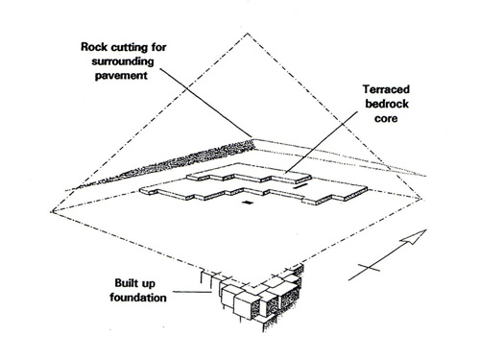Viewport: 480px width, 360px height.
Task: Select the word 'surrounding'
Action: tap(123, 61)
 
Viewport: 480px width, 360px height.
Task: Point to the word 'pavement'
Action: tap(121, 76)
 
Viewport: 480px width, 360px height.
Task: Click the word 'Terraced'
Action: tap(386, 89)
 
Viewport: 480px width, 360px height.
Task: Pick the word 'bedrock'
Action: tap(387, 104)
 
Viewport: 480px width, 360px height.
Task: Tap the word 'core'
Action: tap(386, 119)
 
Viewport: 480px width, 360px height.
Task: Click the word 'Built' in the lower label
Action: tap(126, 283)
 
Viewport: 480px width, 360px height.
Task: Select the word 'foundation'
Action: tap(138, 298)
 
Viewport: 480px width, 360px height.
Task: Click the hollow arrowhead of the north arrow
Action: tap(416, 236)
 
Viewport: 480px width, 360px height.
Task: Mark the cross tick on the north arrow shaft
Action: tap(369, 268)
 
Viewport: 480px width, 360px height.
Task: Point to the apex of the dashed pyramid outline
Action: tap(248, 33)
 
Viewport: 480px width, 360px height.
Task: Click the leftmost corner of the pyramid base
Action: tap(52, 211)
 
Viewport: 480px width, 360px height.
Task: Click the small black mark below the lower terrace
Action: tap(247, 202)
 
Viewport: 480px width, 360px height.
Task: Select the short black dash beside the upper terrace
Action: tap(300, 185)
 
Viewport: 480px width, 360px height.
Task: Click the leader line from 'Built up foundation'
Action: tap(192, 292)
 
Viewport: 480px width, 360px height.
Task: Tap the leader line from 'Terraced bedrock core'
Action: tap(322, 142)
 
